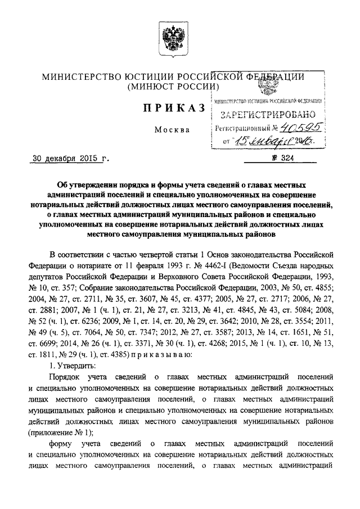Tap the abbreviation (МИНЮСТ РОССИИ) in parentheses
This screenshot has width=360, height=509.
[172, 87]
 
